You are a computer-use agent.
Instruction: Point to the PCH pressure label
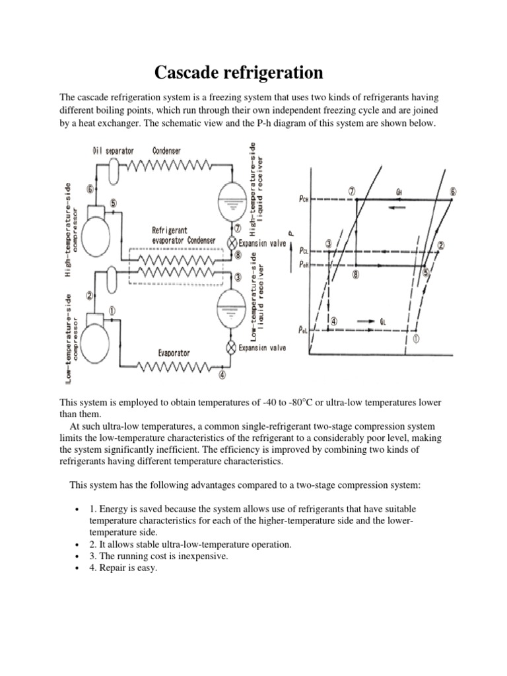(299, 199)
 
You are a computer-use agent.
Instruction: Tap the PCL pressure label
(302, 251)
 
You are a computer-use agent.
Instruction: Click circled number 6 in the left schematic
(90, 189)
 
